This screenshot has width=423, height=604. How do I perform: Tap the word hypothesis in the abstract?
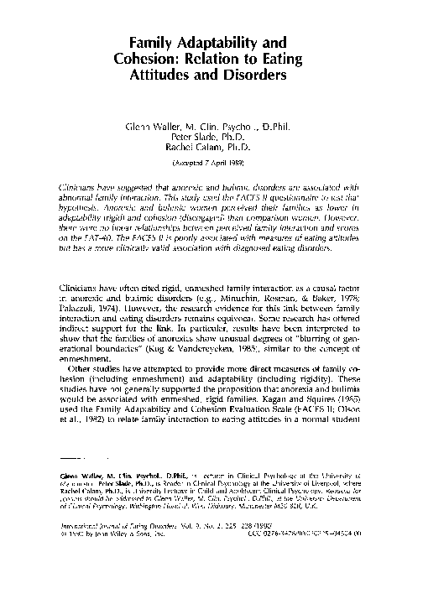[x=81, y=202]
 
